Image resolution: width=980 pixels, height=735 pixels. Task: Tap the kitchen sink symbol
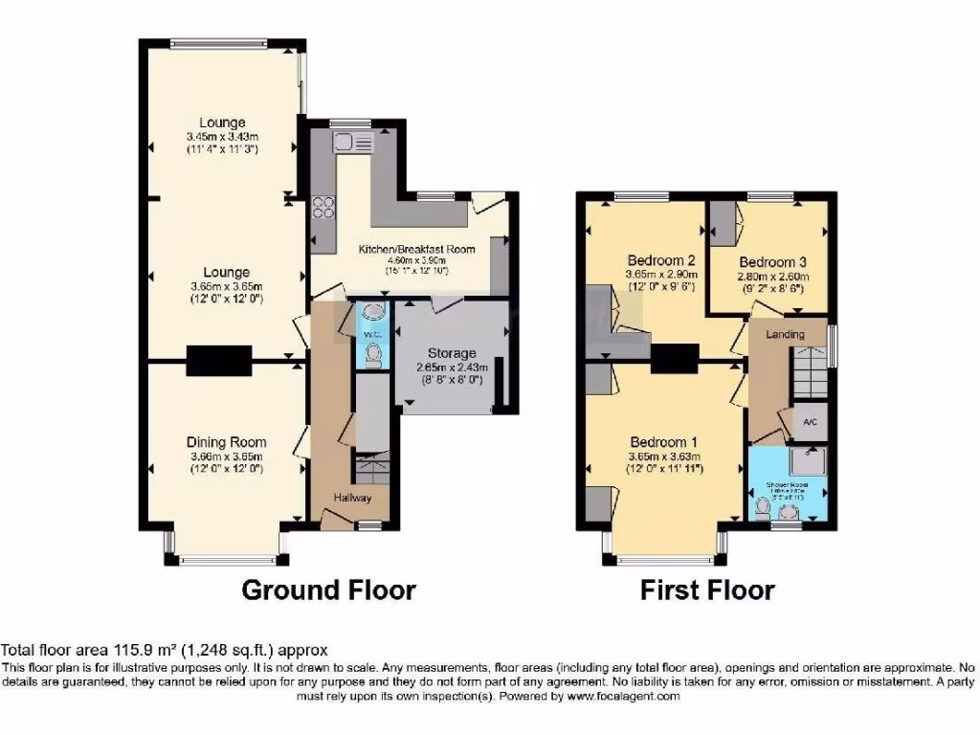(345, 144)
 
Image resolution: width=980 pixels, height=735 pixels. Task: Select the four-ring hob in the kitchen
(323, 207)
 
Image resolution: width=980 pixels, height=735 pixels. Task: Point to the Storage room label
(452, 353)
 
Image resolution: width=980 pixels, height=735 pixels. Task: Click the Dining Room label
(227, 442)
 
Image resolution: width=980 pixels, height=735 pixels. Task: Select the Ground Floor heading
(328, 590)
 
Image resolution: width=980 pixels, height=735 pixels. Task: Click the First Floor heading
(707, 590)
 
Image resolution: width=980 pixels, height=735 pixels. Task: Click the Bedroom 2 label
(660, 260)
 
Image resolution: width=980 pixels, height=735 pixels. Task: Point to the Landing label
(785, 334)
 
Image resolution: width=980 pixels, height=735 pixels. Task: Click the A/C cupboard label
(810, 422)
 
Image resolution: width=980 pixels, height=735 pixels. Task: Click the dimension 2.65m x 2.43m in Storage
(452, 367)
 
